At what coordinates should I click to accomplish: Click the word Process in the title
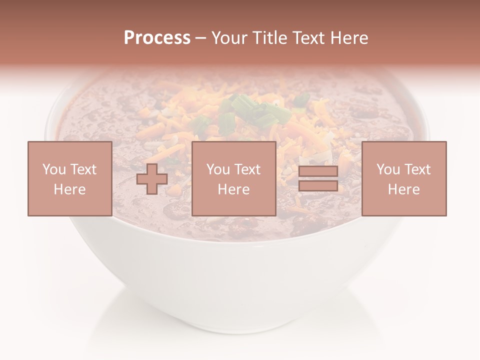pos(157,38)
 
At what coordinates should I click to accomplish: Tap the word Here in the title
pos(348,38)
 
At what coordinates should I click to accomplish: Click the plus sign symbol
pos(152,179)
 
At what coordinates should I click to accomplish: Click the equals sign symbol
pos(318,179)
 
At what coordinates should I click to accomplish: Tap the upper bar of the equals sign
pos(318,171)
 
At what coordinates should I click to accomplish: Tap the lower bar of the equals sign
pos(318,186)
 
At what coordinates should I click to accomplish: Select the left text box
pos(69,178)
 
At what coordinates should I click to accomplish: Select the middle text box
pos(233,178)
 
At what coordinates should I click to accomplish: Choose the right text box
pos(404,178)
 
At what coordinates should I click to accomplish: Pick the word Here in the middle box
pos(233,189)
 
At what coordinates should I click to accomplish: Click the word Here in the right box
pos(404,189)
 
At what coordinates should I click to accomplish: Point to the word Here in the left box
pos(69,189)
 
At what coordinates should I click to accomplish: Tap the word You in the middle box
pos(217,169)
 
